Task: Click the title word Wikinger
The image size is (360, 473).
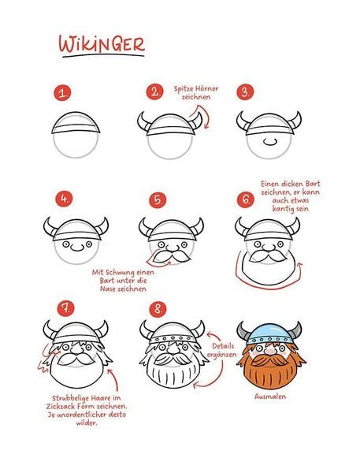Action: (x=102, y=44)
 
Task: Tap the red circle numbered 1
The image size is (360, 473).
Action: (x=62, y=93)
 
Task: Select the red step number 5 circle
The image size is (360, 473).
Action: (x=158, y=199)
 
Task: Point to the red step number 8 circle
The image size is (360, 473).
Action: (x=158, y=309)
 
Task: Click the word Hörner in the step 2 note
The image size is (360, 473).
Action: (x=206, y=88)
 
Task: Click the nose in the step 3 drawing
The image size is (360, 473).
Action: (x=269, y=141)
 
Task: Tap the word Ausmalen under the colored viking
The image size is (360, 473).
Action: (x=270, y=396)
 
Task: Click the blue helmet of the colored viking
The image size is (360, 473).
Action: (x=269, y=334)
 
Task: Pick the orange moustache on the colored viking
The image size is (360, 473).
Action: (x=269, y=360)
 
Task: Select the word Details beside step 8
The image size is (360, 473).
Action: (x=223, y=346)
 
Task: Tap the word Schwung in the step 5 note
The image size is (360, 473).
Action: (x=119, y=273)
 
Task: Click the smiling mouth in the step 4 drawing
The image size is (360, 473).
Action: (x=77, y=248)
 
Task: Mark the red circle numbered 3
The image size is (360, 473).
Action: (x=245, y=92)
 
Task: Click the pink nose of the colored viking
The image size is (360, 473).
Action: (x=270, y=352)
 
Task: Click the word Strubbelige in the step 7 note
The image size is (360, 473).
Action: (x=70, y=398)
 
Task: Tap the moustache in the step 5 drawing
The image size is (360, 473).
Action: (x=172, y=256)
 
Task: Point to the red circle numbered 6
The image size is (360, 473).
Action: (x=246, y=199)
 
